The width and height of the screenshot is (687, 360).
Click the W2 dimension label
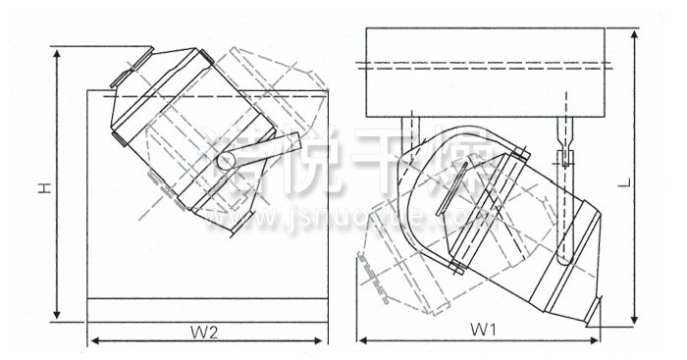click(x=204, y=331)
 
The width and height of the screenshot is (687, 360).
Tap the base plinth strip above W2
click(x=207, y=308)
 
